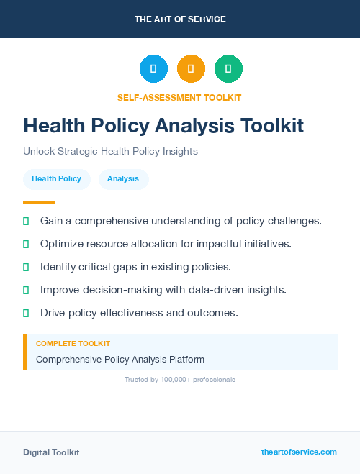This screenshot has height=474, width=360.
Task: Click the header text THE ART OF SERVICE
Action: tap(180, 19)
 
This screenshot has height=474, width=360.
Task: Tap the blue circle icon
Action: tap(153, 68)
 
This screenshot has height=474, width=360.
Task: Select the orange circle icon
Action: tap(191, 68)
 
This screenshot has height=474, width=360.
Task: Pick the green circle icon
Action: tap(228, 68)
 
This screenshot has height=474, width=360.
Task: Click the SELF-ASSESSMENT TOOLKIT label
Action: tap(179, 97)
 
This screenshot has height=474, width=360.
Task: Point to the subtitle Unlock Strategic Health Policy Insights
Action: tap(110, 152)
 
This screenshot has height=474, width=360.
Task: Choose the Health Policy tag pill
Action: tap(56, 178)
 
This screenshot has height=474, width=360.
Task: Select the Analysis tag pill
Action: tap(123, 178)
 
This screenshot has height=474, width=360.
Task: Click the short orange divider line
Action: tap(39, 202)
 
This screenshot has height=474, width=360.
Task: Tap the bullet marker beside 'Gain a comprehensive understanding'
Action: tap(26, 221)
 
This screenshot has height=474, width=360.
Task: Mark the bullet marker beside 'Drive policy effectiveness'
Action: tap(26, 313)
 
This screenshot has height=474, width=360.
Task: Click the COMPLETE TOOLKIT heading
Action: tap(73, 344)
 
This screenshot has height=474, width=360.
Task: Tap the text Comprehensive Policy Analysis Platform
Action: tap(120, 359)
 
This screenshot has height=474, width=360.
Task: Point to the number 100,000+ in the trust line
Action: tap(173, 379)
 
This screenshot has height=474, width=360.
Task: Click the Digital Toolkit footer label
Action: tap(51, 452)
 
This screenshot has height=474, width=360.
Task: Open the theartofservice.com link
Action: tap(299, 452)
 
